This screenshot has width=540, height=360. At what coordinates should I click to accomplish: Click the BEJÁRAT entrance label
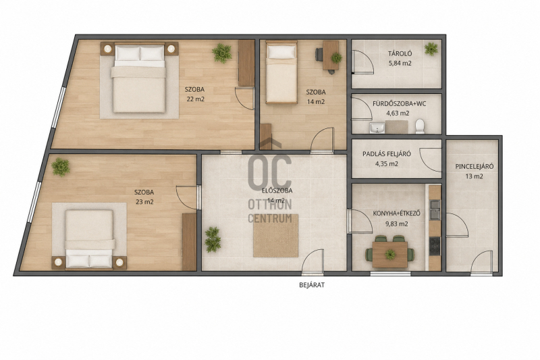[x=312, y=285]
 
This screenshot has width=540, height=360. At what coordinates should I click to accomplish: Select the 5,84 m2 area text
[x=400, y=63]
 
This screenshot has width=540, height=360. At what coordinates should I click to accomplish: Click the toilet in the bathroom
[x=420, y=126]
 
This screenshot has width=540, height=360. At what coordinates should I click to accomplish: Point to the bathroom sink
[x=377, y=128]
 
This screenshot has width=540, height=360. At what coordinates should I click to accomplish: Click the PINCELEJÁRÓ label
[x=475, y=166]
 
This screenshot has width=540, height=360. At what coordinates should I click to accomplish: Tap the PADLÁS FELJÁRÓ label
[x=386, y=154]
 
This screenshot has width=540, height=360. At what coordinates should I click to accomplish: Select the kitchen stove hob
[x=435, y=246]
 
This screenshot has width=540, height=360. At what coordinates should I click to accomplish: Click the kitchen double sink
[x=435, y=209]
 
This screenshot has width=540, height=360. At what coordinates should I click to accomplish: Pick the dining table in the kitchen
[x=390, y=255]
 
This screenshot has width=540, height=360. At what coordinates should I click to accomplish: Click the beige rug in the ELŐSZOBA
[x=275, y=236]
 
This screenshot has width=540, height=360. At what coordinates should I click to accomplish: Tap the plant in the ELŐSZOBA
[x=213, y=239]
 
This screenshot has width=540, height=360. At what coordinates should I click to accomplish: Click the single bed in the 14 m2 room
[x=281, y=72]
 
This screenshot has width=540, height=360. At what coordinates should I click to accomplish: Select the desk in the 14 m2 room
[x=330, y=55]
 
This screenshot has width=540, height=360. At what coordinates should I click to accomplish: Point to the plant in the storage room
[x=431, y=49]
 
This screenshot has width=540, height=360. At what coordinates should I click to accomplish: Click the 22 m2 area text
[x=196, y=99]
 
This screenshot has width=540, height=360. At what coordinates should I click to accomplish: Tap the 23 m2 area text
[x=144, y=202]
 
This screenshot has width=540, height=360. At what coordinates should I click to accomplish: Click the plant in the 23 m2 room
[x=61, y=167]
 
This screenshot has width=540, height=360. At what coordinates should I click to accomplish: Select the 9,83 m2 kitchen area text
[x=397, y=224]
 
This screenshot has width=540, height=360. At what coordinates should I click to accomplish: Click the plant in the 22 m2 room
[x=222, y=53]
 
